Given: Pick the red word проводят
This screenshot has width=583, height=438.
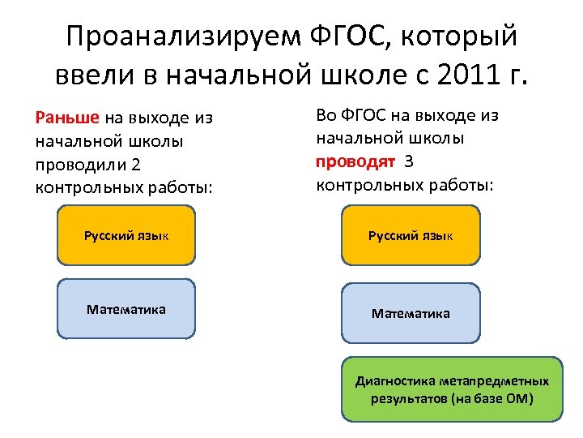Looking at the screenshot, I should point(355,161).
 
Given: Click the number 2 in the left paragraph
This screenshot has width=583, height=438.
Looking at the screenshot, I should point(136,165).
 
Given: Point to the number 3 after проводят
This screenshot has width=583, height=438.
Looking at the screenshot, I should point(409,161).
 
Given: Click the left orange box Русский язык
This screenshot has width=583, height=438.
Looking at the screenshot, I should point(126,235).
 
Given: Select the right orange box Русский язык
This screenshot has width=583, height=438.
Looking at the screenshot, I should point(411,235).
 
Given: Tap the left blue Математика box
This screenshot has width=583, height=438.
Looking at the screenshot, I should point(126,309).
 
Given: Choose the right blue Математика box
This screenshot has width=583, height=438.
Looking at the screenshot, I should point(411,313).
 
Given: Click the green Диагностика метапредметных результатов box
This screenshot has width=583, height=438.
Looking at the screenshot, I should point(452,389).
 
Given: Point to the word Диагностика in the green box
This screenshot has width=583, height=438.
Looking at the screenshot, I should point(396,380).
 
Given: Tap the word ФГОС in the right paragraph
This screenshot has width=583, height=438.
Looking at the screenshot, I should point(359,115).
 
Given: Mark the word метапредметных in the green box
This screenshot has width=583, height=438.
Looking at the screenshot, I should point(496,380).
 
